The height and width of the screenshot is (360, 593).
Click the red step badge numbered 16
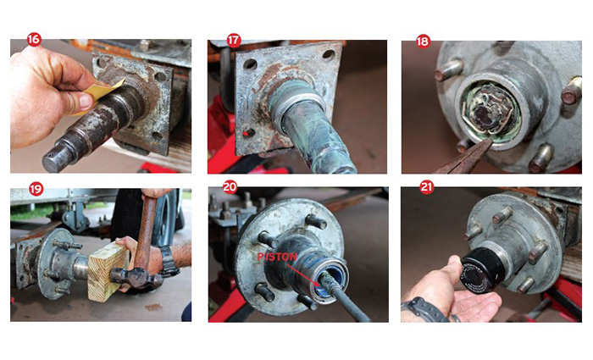pyautogui.click(x=34, y=40)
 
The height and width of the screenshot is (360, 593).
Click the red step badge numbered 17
pyautogui.click(x=232, y=40)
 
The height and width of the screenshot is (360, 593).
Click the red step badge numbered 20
pyautogui.click(x=230, y=187)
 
